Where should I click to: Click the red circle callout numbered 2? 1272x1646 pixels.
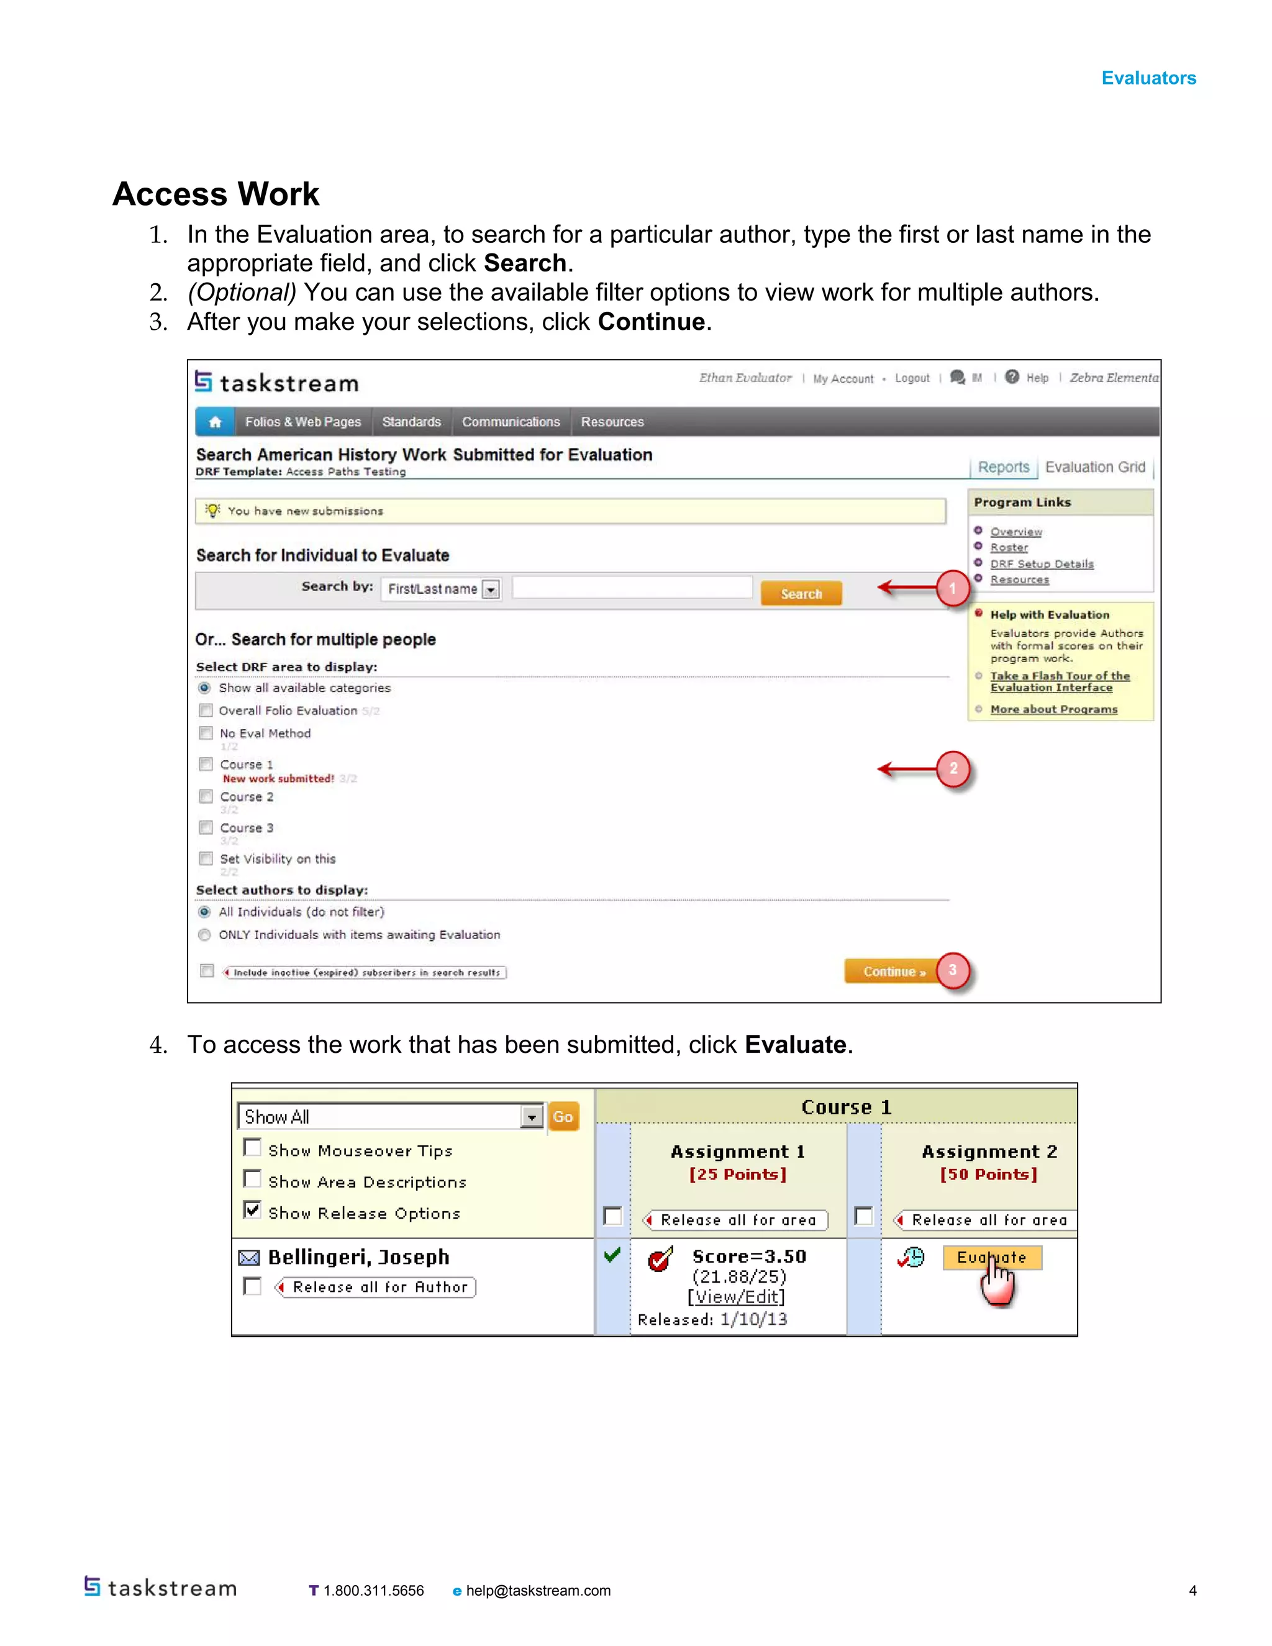coord(953,769)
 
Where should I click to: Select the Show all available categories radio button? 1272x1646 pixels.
coord(204,688)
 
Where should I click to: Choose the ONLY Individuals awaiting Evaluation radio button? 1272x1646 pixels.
coord(204,935)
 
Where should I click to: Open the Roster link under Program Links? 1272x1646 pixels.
coord(1008,547)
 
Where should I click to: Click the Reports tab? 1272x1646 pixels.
coord(1003,467)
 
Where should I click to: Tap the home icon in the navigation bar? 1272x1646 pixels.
coord(215,422)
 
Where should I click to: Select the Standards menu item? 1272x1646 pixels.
coord(411,422)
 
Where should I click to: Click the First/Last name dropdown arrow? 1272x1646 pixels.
coord(491,589)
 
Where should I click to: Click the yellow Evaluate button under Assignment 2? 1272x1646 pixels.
coord(992,1257)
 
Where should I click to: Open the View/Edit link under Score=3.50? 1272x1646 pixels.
coord(735,1296)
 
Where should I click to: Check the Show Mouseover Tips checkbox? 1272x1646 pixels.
coord(252,1148)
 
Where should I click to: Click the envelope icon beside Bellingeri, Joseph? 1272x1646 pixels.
coord(248,1258)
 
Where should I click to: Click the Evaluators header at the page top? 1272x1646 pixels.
coord(1148,78)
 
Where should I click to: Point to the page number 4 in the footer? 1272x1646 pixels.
coord(1192,1590)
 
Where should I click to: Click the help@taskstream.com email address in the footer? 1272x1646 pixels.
coord(537,1590)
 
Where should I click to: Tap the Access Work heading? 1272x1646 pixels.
coord(216,194)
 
